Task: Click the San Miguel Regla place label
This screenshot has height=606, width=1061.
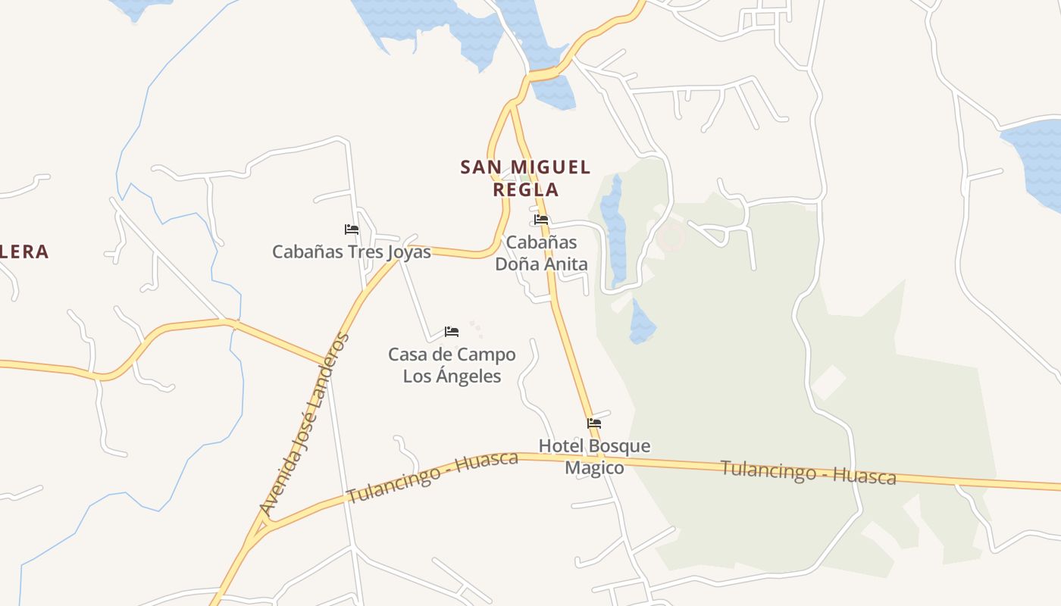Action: pos(525,178)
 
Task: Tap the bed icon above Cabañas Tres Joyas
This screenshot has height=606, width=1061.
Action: pos(351,229)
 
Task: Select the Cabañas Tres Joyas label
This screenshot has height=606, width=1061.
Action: pos(352,251)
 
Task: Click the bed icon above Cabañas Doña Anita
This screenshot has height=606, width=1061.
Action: pos(541,220)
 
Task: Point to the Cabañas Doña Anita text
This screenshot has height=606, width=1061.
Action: pos(541,253)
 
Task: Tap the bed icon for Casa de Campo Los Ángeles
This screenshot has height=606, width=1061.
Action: pos(452,332)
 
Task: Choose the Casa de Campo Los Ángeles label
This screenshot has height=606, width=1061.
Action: pos(452,365)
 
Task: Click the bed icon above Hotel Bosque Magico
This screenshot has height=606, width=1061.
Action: pos(594,423)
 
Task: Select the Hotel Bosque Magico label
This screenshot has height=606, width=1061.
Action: pos(594,457)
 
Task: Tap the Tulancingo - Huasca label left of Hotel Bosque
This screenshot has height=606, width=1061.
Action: pos(432,477)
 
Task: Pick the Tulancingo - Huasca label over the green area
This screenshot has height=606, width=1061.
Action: pos(808,472)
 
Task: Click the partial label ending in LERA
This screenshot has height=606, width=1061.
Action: pos(24,251)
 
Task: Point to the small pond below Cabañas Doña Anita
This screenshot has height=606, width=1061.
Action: pos(641,323)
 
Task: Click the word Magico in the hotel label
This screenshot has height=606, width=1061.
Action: pos(594,468)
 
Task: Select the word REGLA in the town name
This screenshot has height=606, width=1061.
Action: pos(525,189)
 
